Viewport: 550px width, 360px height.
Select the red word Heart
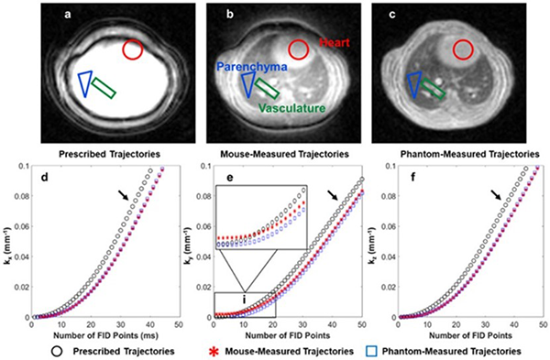pyautogui.click(x=334, y=43)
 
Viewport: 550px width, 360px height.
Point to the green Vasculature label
pyautogui.click(x=292, y=108)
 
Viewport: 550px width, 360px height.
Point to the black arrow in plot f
pyautogui.click(x=496, y=195)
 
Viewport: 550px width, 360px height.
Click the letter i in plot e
pyautogui.click(x=244, y=299)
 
